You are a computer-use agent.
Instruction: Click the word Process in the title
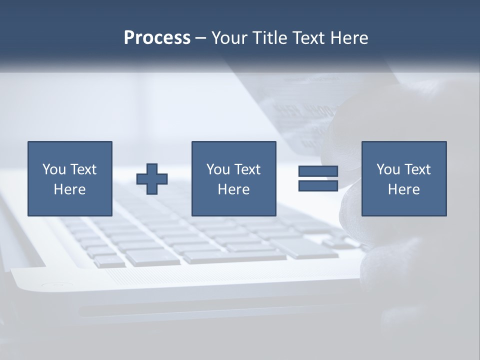pyautogui.click(x=157, y=37)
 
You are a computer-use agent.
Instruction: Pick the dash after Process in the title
pyautogui.click(x=200, y=38)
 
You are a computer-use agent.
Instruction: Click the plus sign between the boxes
pyautogui.click(x=152, y=179)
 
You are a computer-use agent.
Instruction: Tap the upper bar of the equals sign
pyautogui.click(x=318, y=171)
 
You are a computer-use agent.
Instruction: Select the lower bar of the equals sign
pyautogui.click(x=318, y=186)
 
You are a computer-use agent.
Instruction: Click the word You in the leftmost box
pyautogui.click(x=54, y=169)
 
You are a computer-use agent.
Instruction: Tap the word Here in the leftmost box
pyautogui.click(x=69, y=189)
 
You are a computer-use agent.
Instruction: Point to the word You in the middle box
pyautogui.click(x=218, y=169)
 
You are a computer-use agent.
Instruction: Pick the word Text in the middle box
pyautogui.click(x=247, y=169)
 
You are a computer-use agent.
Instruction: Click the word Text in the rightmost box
pyautogui.click(x=417, y=169)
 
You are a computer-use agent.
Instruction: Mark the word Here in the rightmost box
pyautogui.click(x=403, y=189)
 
